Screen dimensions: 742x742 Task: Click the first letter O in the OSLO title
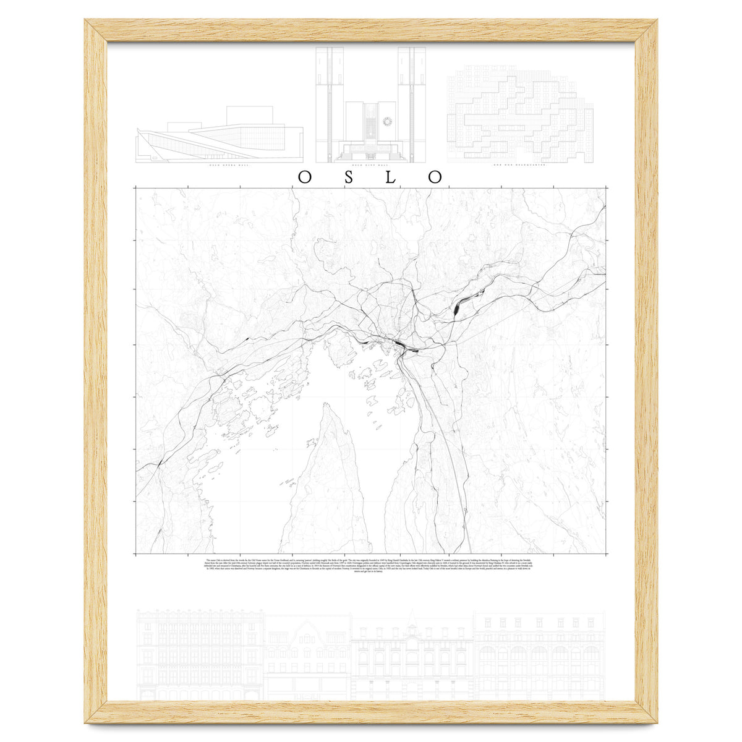[305, 177]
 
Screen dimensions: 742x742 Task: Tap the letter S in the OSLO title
[349, 177]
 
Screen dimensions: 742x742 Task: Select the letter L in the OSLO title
[393, 177]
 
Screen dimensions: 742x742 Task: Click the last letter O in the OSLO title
[436, 177]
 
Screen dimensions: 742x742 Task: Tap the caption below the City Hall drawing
[370, 166]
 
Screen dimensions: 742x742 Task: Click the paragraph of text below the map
[370, 565]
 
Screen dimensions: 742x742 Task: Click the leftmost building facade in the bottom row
[200, 655]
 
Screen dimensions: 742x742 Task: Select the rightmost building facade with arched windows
[539, 655]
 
